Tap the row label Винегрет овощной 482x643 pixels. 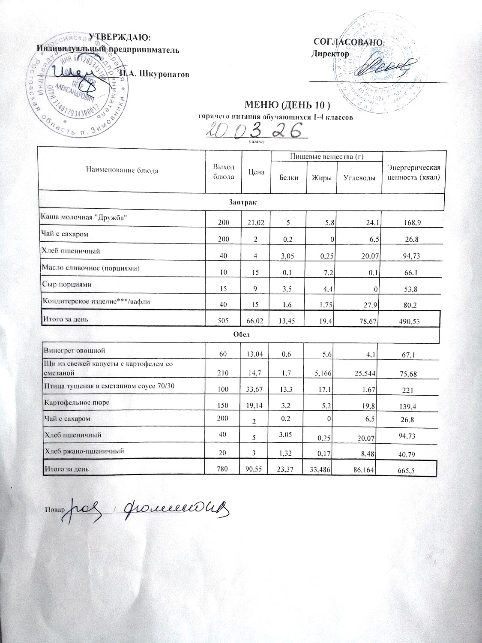pos(72,351)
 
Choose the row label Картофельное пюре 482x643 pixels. pos(77,403)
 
